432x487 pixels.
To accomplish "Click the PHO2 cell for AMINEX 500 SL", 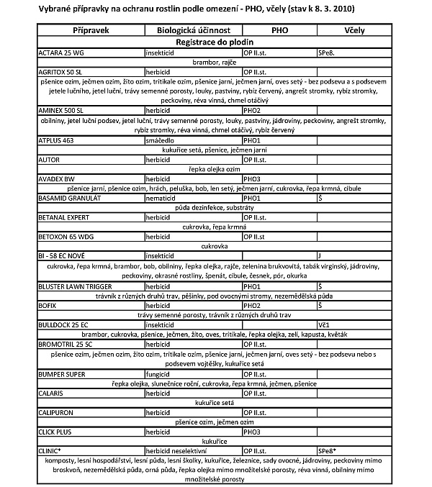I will (251, 110).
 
